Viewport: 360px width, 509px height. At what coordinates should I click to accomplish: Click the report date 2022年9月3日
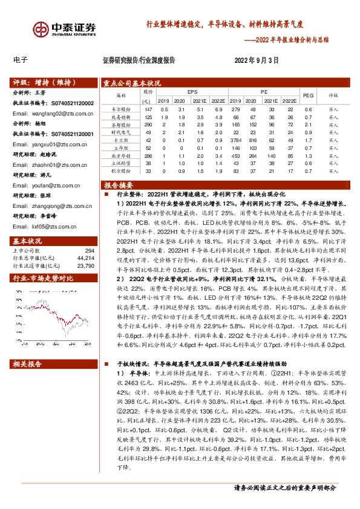(257, 60)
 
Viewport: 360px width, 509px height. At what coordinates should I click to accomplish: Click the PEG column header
(307, 96)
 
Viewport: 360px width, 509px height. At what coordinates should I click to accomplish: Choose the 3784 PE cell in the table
(236, 140)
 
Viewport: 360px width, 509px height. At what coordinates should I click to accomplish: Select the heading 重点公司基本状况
(132, 83)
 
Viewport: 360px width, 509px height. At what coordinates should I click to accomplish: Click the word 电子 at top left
(21, 60)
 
